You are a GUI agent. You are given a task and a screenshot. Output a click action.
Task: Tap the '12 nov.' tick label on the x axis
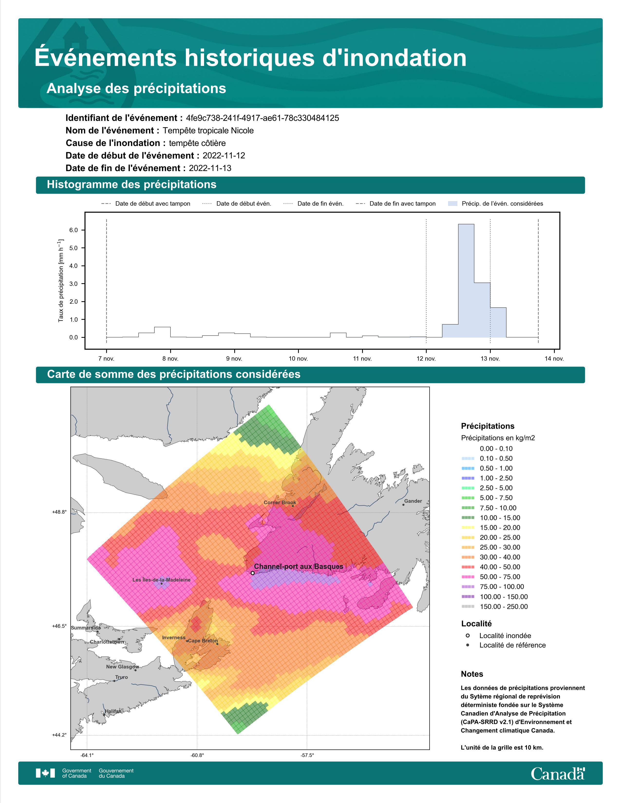click(426, 358)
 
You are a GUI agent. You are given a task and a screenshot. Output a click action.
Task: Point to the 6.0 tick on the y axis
click(74, 230)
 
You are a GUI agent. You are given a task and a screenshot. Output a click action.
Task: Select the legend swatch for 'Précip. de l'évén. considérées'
click(453, 204)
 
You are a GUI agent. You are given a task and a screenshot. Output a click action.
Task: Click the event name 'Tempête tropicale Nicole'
click(208, 130)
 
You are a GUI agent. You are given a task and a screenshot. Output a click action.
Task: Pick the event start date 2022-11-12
click(224, 155)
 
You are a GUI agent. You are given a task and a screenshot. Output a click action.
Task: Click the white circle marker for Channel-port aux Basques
click(252, 573)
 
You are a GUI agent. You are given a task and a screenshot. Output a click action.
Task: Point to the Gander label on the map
click(413, 501)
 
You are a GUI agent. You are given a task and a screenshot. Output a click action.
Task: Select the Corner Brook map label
click(280, 502)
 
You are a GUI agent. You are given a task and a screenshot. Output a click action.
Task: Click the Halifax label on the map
click(113, 711)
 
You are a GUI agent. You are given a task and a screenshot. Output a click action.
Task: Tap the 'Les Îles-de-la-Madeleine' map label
click(161, 580)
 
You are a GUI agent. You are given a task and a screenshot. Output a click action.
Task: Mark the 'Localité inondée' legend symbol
click(468, 635)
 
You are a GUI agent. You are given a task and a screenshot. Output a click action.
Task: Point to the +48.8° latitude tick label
click(59, 512)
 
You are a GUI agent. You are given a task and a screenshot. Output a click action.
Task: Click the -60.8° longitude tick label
click(197, 755)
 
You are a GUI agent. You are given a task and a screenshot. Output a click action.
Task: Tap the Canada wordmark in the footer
click(558, 774)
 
